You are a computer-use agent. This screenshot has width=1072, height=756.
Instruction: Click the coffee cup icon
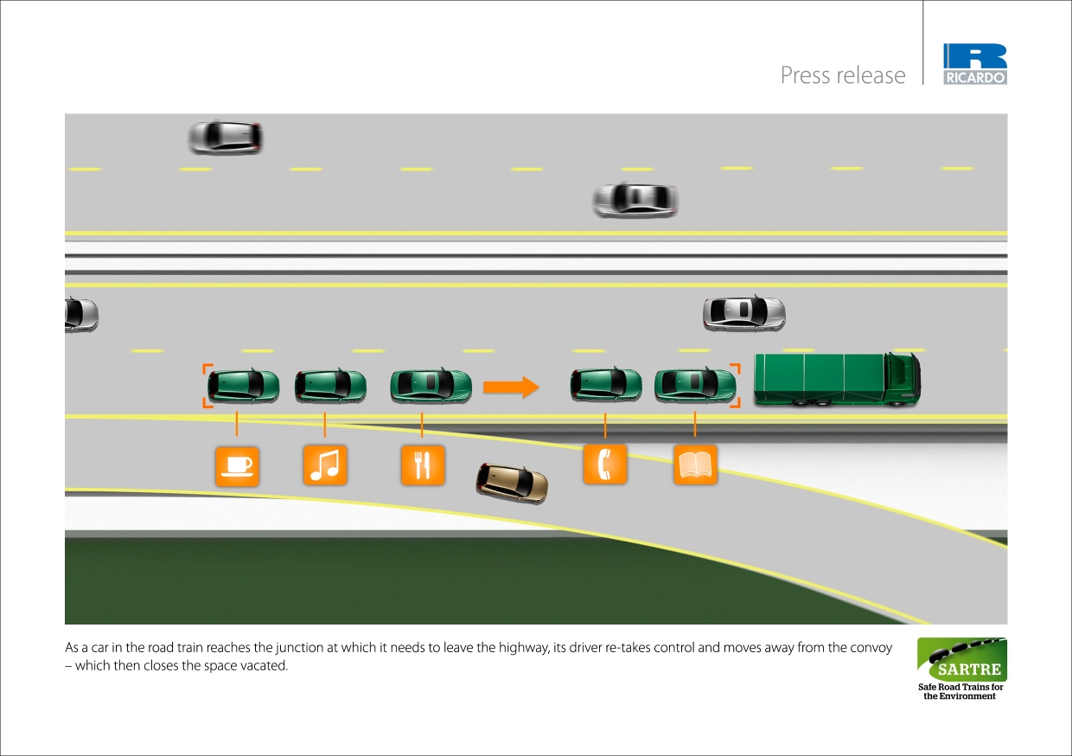[236, 465]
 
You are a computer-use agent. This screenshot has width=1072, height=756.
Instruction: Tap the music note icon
[325, 465]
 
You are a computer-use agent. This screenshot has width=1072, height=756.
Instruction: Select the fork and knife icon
[422, 465]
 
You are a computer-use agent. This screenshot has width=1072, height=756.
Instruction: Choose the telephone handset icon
[605, 464]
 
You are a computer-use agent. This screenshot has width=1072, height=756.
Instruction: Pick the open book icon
[695, 464]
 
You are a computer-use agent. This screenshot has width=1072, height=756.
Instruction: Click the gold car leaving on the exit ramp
[513, 483]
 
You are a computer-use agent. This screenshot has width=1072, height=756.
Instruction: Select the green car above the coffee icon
[243, 386]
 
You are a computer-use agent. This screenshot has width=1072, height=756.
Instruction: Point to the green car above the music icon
[329, 386]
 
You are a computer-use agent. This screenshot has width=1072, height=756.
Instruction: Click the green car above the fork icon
[431, 386]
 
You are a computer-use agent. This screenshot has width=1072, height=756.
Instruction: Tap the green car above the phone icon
[605, 385]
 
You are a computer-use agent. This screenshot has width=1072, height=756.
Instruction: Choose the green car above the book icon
[694, 385]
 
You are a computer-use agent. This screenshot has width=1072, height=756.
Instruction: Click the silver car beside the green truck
[743, 313]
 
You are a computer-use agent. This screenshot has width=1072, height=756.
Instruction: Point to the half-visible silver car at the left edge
[80, 315]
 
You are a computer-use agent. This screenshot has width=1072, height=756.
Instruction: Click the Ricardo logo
[975, 65]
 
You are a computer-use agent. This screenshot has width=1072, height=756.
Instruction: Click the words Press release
[843, 75]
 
